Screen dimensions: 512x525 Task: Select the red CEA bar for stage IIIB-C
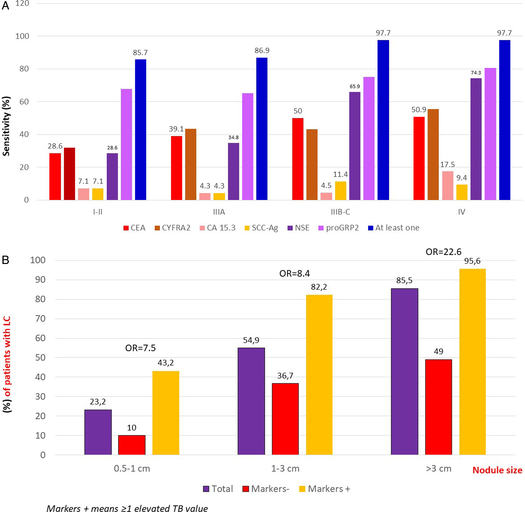pos(298,159)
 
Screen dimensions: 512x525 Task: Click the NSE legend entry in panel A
pos(298,228)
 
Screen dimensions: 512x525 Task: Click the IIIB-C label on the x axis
pos(340,212)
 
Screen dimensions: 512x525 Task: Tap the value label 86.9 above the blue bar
pos(262,51)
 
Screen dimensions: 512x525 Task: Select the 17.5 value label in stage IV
pos(447,164)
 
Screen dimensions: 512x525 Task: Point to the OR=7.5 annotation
pos(140,348)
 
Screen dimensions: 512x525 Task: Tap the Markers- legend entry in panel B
pos(266,489)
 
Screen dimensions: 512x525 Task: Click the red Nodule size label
pos(497,470)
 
